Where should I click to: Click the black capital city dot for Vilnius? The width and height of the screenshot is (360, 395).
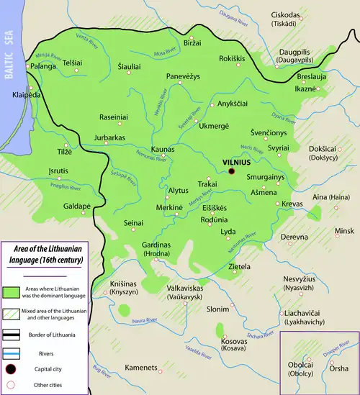click(232, 172)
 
